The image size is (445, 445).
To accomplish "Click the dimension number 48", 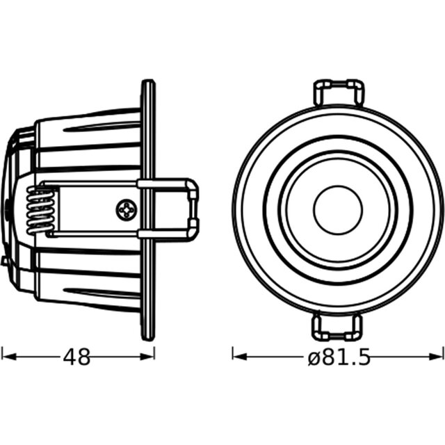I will (x=77, y=357).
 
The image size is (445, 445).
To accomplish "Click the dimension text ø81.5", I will (x=338, y=357).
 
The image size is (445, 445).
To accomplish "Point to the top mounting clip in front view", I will (x=339, y=92).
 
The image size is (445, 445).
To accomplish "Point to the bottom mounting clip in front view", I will (x=339, y=326).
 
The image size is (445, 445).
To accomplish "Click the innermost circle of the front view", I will (x=338, y=210).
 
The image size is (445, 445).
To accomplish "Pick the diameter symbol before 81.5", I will (x=313, y=358).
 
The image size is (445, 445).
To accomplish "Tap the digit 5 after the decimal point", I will (x=361, y=357).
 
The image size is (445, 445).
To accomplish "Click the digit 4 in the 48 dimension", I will (x=69, y=357).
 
